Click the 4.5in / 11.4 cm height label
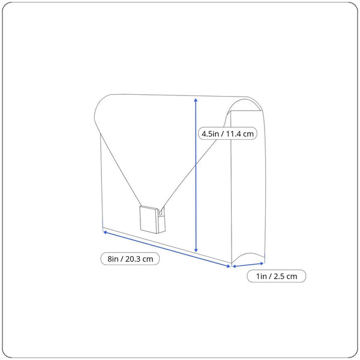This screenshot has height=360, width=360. point(227,133)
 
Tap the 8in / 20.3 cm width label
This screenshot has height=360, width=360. point(130,259)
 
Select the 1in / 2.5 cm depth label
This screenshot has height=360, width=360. point(277,276)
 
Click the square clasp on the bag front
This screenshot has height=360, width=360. point(149,220)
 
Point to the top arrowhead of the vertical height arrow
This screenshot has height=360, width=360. point(196,100)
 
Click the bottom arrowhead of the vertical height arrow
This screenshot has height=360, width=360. point(196,250)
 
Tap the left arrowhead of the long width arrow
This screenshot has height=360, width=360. point(105,232)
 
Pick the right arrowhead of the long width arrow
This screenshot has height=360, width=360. point(228,266)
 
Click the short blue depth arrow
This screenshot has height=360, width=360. point(248,265)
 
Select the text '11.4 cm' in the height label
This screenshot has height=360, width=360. point(239,134)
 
